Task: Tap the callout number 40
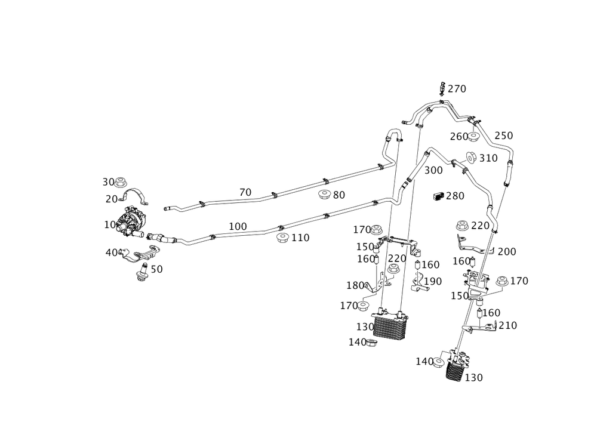pyautogui.click(x=110, y=252)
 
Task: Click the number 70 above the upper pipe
pyautogui.click(x=245, y=192)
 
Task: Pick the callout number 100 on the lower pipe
pyautogui.click(x=238, y=226)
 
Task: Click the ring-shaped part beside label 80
pyautogui.click(x=323, y=195)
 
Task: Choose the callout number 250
pyautogui.click(x=504, y=135)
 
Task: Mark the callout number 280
pyautogui.click(x=454, y=196)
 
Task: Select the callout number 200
pyautogui.click(x=506, y=251)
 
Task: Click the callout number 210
pyautogui.click(x=507, y=325)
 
